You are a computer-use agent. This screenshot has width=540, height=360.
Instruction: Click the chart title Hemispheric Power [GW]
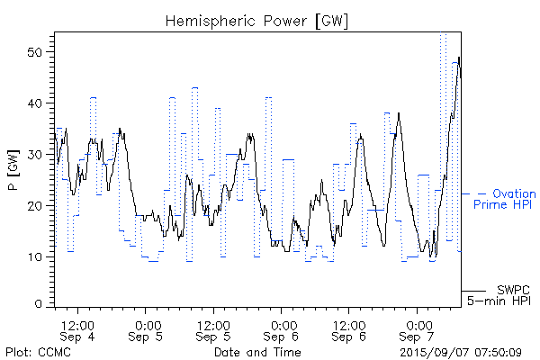257,20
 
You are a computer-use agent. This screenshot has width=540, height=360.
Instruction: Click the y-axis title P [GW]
13,171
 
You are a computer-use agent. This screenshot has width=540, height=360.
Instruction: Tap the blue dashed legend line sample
475,193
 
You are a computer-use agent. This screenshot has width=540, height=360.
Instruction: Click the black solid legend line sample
475,291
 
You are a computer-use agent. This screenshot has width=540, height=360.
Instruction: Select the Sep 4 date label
78,336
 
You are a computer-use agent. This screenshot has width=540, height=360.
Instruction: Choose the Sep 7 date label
418,336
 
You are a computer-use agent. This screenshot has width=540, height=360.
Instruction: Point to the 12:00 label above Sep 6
349,323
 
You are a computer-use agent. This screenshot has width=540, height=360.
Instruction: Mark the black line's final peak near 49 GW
459,58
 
